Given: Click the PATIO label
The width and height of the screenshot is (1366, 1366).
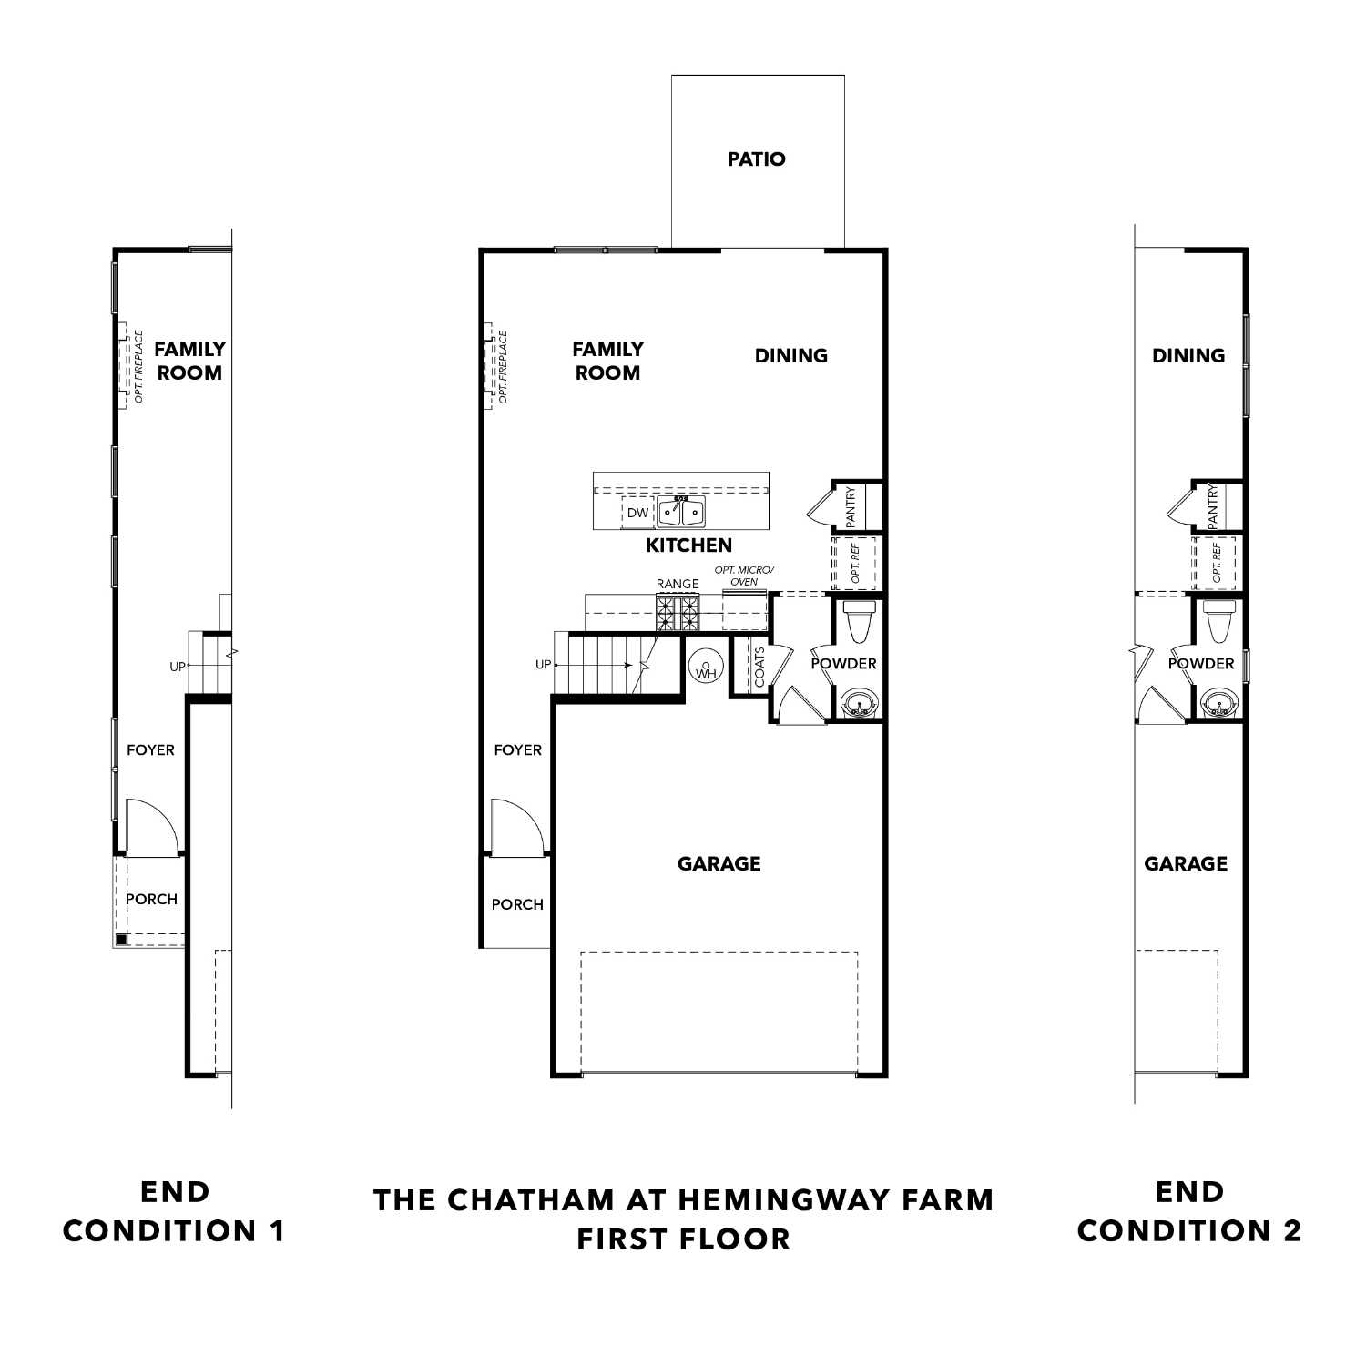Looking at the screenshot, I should tap(756, 159).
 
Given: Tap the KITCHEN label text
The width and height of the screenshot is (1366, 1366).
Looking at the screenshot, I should tap(688, 545).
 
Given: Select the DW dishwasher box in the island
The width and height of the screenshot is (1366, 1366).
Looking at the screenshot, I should tap(637, 513).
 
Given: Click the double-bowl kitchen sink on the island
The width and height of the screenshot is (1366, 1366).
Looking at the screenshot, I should tap(681, 513).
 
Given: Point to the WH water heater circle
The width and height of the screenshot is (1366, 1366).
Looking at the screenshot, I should tap(706, 669).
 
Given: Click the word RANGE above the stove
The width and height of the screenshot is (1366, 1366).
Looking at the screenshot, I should tap(678, 584).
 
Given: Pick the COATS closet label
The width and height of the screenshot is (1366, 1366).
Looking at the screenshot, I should tap(759, 668).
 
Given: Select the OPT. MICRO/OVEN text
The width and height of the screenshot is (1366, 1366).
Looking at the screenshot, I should tap(744, 576).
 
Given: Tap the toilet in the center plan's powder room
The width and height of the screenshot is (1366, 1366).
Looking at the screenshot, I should tap(858, 623).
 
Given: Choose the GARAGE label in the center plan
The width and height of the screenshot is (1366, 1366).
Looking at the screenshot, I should tap(719, 863).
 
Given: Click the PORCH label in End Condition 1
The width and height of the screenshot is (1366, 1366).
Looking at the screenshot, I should tap(151, 899).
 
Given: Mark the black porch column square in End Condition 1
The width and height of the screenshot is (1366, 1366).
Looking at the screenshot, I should tap(121, 940).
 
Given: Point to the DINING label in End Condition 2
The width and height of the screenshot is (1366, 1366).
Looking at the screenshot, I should tap(1188, 356).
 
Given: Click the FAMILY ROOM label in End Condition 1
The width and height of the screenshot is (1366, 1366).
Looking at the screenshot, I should tap(189, 361).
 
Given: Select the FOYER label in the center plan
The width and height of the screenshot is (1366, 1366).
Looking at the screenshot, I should tap(517, 750).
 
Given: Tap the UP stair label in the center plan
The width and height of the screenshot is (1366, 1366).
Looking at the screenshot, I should tap(543, 665).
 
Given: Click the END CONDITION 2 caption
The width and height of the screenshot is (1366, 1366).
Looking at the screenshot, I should tap(1189, 1211).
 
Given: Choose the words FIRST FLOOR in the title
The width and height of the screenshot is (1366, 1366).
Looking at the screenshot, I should tap(683, 1239).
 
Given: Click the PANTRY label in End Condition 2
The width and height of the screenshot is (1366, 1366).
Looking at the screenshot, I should tap(1212, 506).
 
